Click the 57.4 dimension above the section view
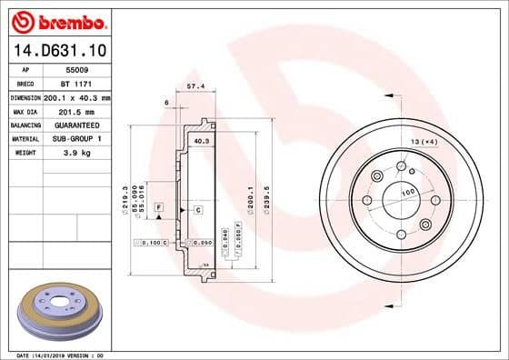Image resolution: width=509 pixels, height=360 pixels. pyautogui.click(x=194, y=85)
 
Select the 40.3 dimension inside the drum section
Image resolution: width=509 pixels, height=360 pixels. pyautogui.click(x=202, y=142)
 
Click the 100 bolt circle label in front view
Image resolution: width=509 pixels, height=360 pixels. pyautogui.click(x=408, y=193)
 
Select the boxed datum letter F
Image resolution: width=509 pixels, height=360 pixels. pyautogui.click(x=158, y=209)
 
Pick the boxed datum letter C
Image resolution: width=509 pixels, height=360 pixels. pyautogui.click(x=197, y=210)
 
